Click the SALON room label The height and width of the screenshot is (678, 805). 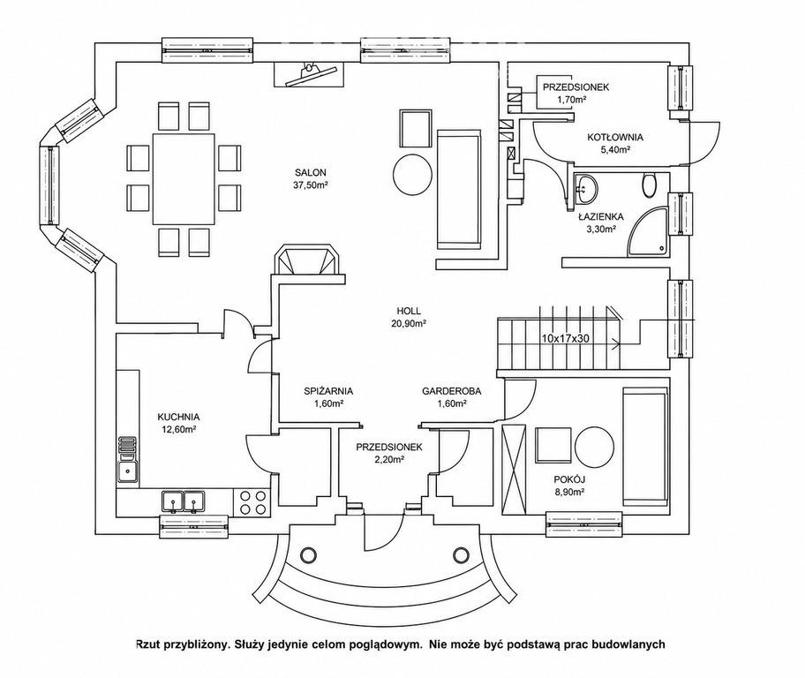pos(310,172)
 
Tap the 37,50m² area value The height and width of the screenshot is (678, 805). pos(310,185)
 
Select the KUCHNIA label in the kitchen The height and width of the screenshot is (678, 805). pos(178,417)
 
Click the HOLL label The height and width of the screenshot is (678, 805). pos(409,311)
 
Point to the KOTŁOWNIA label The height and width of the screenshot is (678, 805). pos(615,137)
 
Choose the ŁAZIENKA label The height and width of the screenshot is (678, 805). pos(601,217)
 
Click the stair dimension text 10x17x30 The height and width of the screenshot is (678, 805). pos(565,338)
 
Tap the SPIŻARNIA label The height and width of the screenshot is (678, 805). pos(328,391)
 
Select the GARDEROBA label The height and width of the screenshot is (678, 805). pos(452,391)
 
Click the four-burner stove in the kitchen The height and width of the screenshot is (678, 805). pos(252,502)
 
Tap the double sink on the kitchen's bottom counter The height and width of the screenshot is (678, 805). pos(184,501)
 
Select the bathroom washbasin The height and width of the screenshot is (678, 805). pos(586,189)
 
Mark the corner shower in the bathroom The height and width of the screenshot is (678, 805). pos(648,231)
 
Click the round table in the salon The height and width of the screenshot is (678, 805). pos(412,174)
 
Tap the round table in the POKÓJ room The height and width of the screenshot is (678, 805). pos(595,446)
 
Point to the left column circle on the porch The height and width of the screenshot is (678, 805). pos(309,555)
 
